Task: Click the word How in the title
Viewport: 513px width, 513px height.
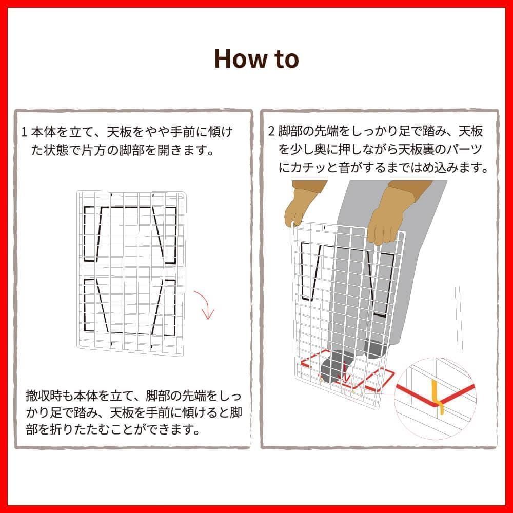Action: pos(241,59)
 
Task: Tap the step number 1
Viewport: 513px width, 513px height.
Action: pos(24,132)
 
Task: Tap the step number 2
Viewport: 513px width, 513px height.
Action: pos(271,131)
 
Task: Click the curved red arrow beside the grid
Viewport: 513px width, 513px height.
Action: pos(205,304)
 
